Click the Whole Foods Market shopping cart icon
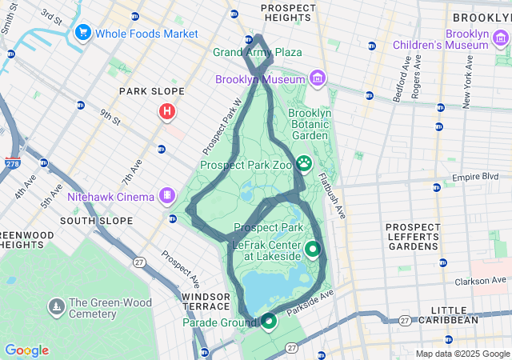(x=82, y=34)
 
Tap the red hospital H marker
(x=166, y=111)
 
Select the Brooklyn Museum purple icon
(x=318, y=78)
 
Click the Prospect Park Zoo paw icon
(x=305, y=164)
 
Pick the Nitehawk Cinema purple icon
(x=167, y=194)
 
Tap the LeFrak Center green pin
(x=312, y=249)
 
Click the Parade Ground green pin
(x=268, y=322)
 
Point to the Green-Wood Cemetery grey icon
(x=57, y=307)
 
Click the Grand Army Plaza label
(x=257, y=52)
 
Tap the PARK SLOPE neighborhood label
(x=152, y=91)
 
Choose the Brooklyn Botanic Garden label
(x=309, y=125)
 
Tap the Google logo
(x=26, y=350)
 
